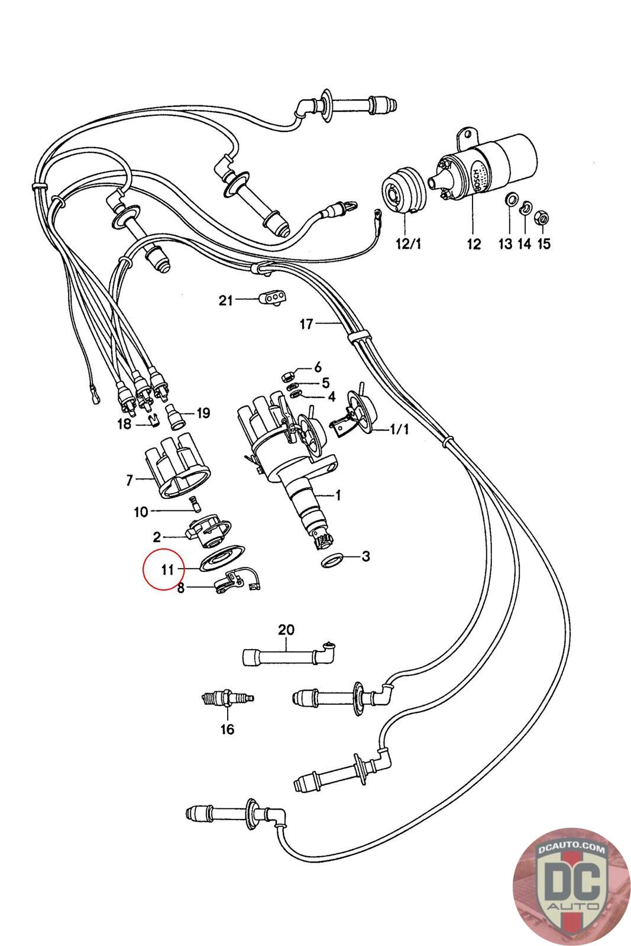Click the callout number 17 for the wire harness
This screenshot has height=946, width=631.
pos(306,323)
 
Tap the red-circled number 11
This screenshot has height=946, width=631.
pos(167,569)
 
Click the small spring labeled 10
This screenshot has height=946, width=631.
pos(193,504)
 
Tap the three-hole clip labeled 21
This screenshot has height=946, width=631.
pos(272,299)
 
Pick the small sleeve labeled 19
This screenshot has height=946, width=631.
pos(176,419)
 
